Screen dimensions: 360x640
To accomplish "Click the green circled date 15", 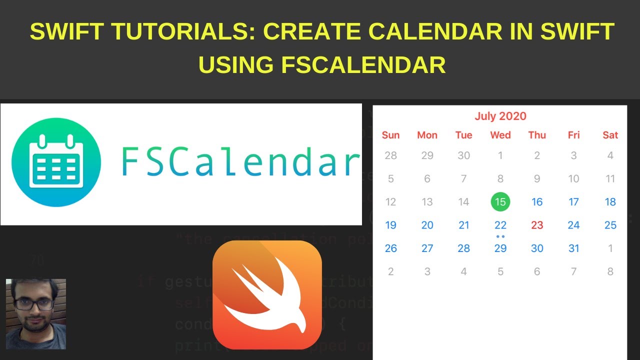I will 500,202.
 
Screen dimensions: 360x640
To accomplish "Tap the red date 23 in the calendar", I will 537,225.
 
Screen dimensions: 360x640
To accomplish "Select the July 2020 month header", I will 500,116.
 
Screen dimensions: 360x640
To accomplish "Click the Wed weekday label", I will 500,135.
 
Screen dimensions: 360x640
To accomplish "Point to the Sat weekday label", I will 610,135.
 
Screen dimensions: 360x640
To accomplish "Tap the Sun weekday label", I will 390,135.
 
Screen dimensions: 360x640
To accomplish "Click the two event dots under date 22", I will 500,236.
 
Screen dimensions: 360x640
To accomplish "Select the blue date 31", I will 574,248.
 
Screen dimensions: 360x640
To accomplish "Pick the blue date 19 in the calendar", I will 390,225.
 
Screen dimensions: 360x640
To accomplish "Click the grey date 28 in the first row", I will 390,155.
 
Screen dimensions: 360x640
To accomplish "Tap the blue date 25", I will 610,225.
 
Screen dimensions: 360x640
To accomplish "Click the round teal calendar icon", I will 56,162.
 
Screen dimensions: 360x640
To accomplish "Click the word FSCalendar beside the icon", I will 240,162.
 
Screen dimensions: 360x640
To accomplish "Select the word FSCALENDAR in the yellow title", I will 363,65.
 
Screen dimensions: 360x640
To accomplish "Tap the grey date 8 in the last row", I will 610,271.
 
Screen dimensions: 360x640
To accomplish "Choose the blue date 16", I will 537,202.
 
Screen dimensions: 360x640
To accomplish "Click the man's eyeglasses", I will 34,304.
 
